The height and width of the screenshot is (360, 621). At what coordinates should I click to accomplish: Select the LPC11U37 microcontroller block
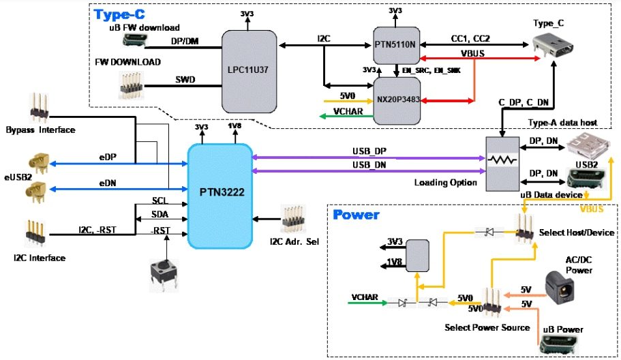click(249, 70)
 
